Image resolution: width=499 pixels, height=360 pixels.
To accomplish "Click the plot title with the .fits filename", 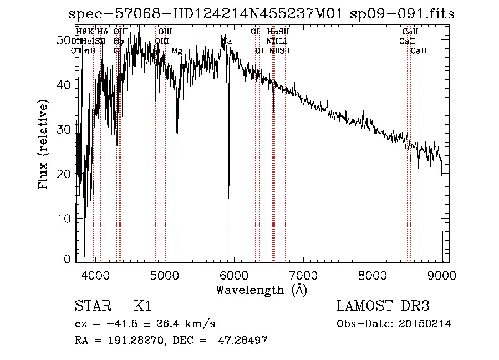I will [x=260, y=13].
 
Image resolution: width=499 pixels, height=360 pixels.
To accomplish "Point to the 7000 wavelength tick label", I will [x=303, y=275].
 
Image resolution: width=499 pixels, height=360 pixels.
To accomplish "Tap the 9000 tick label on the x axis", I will [x=442, y=275].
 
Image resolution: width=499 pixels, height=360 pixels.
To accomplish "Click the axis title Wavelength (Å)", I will [x=261, y=290].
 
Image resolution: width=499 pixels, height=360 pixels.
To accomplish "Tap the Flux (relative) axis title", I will [x=44, y=144].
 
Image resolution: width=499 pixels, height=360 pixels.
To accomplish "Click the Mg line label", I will [x=176, y=51].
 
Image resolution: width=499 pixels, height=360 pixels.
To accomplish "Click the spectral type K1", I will [x=142, y=306].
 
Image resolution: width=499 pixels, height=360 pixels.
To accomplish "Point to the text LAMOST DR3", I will [x=383, y=306].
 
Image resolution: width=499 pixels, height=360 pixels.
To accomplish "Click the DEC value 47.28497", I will [x=243, y=341].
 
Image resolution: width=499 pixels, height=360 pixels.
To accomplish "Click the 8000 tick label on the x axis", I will [x=373, y=275].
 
